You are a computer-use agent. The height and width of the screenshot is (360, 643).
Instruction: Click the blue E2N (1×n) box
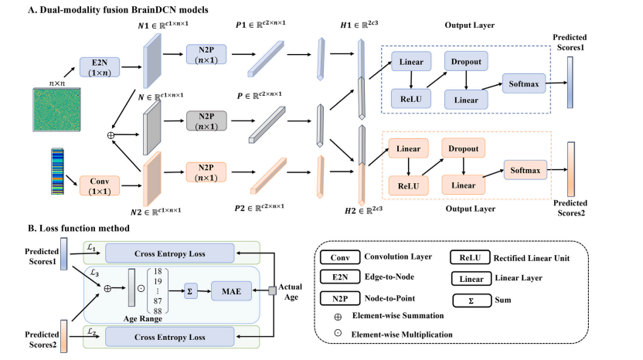pos(100,67)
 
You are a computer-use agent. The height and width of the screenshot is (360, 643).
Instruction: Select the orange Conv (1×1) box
pos(100,186)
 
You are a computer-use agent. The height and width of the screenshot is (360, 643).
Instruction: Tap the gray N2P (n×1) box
pos(206,121)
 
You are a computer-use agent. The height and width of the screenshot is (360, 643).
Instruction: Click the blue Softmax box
pos(524,83)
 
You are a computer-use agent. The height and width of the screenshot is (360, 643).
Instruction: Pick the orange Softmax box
pos(526,170)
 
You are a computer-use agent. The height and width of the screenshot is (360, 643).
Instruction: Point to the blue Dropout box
pos(466,62)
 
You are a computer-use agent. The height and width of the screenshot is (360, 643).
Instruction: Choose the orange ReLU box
pos(408,185)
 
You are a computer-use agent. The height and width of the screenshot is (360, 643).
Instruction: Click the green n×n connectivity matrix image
pos(56,110)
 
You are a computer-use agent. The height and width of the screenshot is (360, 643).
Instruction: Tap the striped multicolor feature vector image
pos(57,172)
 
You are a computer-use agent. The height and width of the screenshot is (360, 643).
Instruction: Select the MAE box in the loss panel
pos(231,291)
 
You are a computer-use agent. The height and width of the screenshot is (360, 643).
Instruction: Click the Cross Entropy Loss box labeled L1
pos(170,253)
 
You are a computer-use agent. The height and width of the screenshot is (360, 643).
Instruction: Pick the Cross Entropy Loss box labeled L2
pos(170,337)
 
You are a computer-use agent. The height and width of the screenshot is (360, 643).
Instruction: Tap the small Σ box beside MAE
pos(190,291)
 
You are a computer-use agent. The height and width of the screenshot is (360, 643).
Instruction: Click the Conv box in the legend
pos(340,257)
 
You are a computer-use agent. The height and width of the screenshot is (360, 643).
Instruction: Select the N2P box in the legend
pos(340,298)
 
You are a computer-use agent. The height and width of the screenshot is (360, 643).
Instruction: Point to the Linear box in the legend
pos(471,279)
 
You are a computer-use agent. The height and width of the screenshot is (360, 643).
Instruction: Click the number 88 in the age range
pos(158,311)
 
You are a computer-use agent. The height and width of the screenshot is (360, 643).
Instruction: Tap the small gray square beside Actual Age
pos(272,290)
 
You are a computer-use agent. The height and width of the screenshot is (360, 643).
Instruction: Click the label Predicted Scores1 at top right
pos(570,42)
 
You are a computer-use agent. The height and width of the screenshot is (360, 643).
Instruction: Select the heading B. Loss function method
pos(79,228)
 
